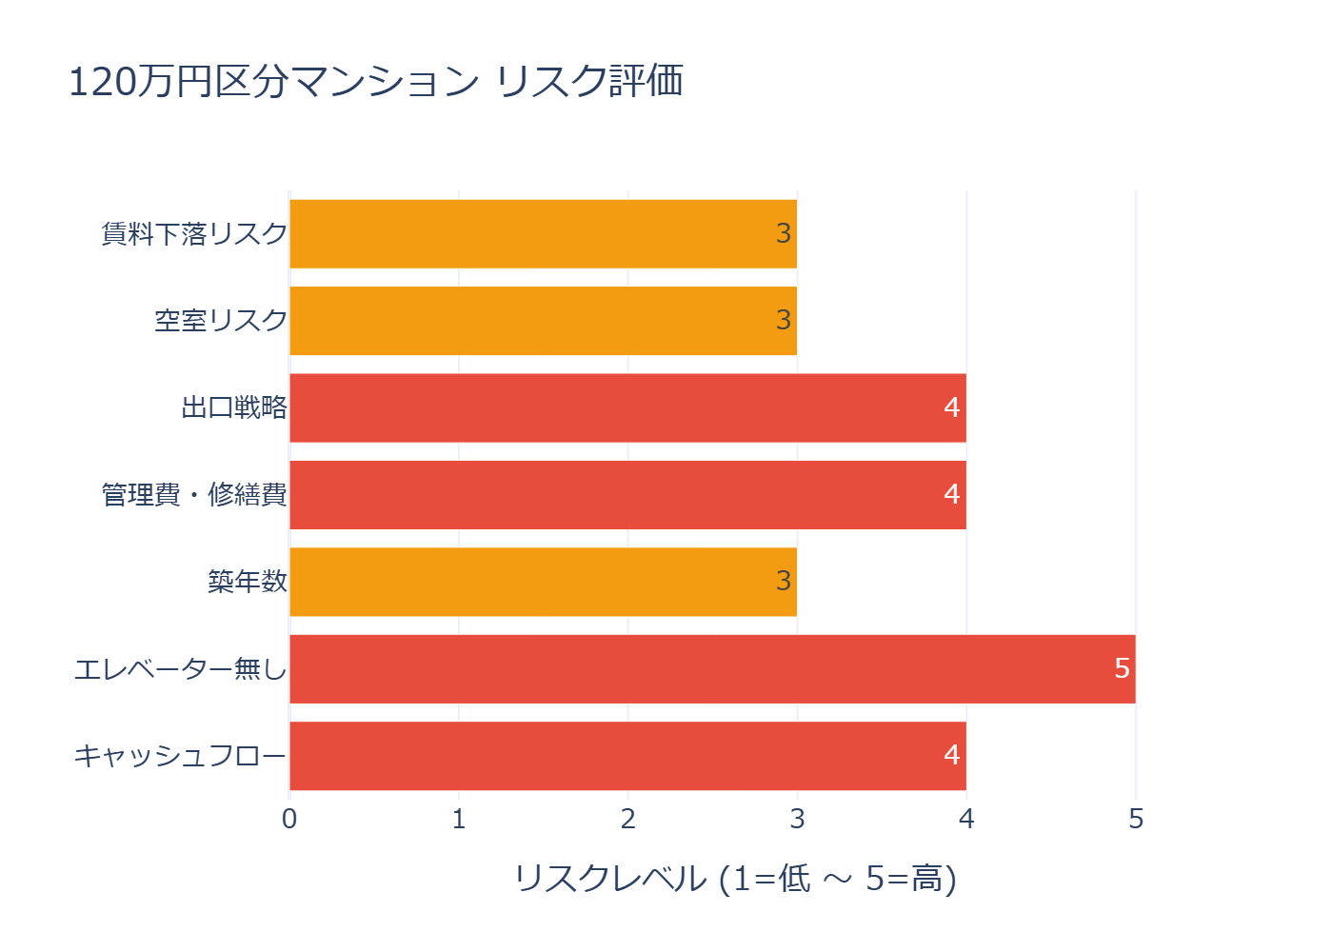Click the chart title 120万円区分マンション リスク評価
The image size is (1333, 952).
click(x=375, y=81)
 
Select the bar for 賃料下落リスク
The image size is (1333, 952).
click(x=543, y=233)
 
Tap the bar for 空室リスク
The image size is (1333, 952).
click(x=543, y=321)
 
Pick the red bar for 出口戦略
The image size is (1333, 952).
click(x=627, y=407)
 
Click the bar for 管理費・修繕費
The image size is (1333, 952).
click(x=627, y=495)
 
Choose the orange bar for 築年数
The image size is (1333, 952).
click(x=543, y=582)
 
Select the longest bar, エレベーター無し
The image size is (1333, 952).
click(x=712, y=669)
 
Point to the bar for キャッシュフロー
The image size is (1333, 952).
click(x=627, y=756)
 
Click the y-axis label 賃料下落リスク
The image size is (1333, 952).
click(x=194, y=233)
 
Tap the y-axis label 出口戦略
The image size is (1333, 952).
click(x=234, y=407)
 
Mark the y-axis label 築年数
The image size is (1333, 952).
click(x=248, y=582)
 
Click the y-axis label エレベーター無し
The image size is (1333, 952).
click(x=180, y=669)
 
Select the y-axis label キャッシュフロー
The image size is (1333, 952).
click(x=180, y=756)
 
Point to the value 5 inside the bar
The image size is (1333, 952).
click(x=1122, y=668)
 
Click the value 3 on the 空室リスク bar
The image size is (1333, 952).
click(x=784, y=320)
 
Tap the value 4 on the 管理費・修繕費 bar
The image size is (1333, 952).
click(x=951, y=494)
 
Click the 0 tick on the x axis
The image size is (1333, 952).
click(x=289, y=819)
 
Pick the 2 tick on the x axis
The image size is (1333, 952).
click(x=628, y=819)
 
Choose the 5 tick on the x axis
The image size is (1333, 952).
click(x=1136, y=819)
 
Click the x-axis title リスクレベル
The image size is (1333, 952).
click(x=734, y=878)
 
